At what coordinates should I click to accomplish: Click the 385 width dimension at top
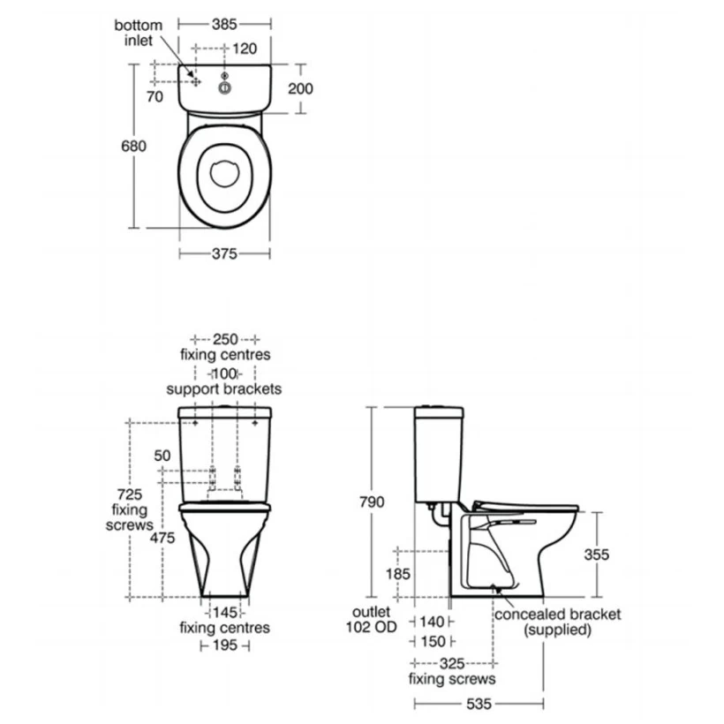pyautogui.click(x=224, y=24)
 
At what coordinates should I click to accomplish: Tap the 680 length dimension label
pyautogui.click(x=133, y=146)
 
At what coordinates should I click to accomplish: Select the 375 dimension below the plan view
pyautogui.click(x=224, y=253)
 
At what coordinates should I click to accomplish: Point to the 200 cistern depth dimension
pyautogui.click(x=300, y=88)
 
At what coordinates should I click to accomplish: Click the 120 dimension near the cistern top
pyautogui.click(x=245, y=49)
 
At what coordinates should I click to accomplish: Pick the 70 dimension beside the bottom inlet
pyautogui.click(x=155, y=96)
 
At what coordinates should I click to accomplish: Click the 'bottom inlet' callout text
pyautogui.click(x=138, y=33)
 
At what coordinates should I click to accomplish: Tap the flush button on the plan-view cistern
pyautogui.click(x=225, y=87)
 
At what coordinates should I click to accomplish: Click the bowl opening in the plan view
pyautogui.click(x=225, y=174)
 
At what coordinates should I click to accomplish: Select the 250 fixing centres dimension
pyautogui.click(x=225, y=339)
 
